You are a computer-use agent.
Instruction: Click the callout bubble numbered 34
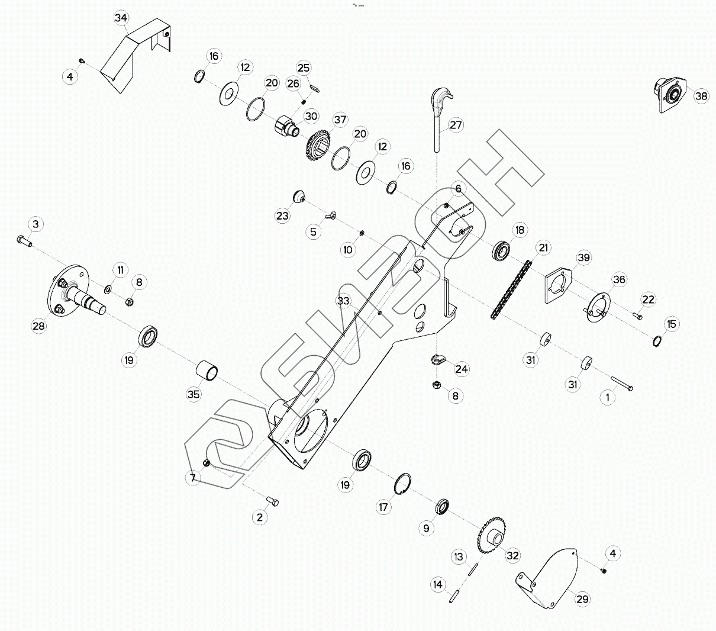pyautogui.click(x=121, y=18)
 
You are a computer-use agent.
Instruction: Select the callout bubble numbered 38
pyautogui.click(x=701, y=96)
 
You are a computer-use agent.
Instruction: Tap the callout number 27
pyautogui.click(x=456, y=125)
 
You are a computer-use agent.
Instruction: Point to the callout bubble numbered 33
pyautogui.click(x=344, y=300)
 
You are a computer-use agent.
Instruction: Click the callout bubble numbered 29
pyautogui.click(x=583, y=599)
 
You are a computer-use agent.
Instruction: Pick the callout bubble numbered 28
pyautogui.click(x=39, y=326)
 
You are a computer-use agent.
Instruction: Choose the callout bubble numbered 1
pyautogui.click(x=608, y=398)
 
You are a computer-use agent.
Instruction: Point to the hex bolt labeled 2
pyautogui.click(x=273, y=502)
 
